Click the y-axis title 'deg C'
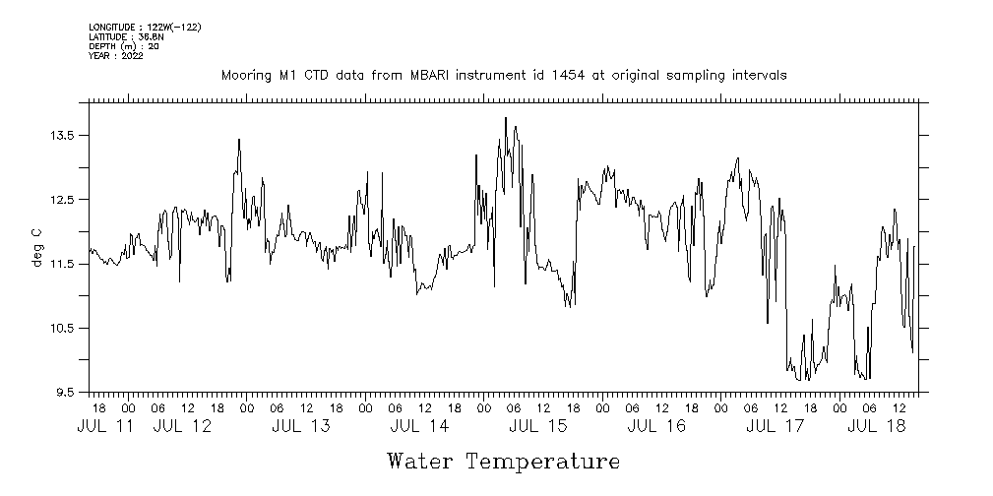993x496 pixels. point(37,247)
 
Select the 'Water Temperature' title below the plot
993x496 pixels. point(504,461)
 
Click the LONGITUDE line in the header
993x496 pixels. point(145,27)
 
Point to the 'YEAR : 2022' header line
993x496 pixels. point(116,56)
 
